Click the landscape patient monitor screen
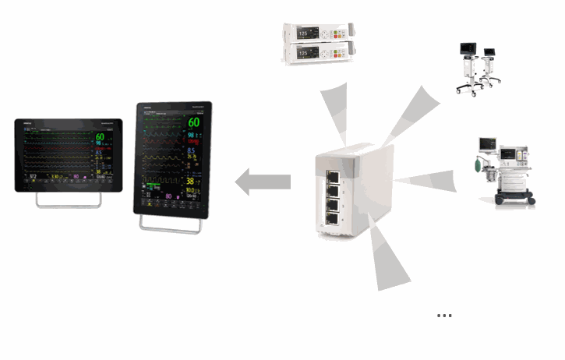click(x=68, y=155)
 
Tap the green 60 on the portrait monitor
click(x=193, y=122)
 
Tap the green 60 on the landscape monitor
click(x=100, y=138)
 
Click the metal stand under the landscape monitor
click(x=68, y=200)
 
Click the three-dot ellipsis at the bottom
click(x=444, y=316)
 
